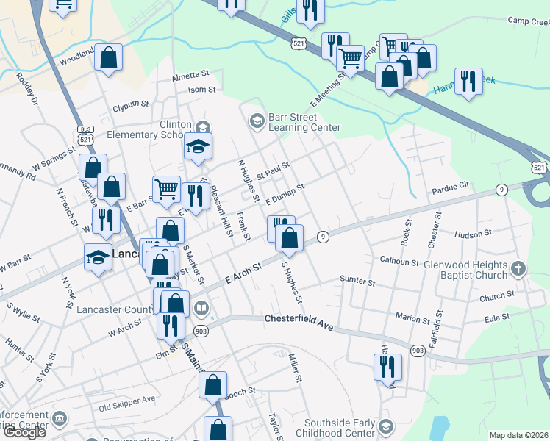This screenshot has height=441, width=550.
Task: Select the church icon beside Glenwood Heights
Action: (518, 268)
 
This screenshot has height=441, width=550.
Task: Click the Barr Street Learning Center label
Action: (304, 122)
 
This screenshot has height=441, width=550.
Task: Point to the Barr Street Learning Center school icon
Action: (257, 120)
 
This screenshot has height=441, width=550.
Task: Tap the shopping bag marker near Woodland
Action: (108, 59)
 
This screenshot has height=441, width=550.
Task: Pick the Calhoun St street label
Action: (399, 262)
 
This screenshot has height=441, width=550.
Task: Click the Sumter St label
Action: (357, 280)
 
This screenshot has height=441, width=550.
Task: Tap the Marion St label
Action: (412, 320)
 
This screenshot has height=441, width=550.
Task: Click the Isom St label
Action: (201, 90)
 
